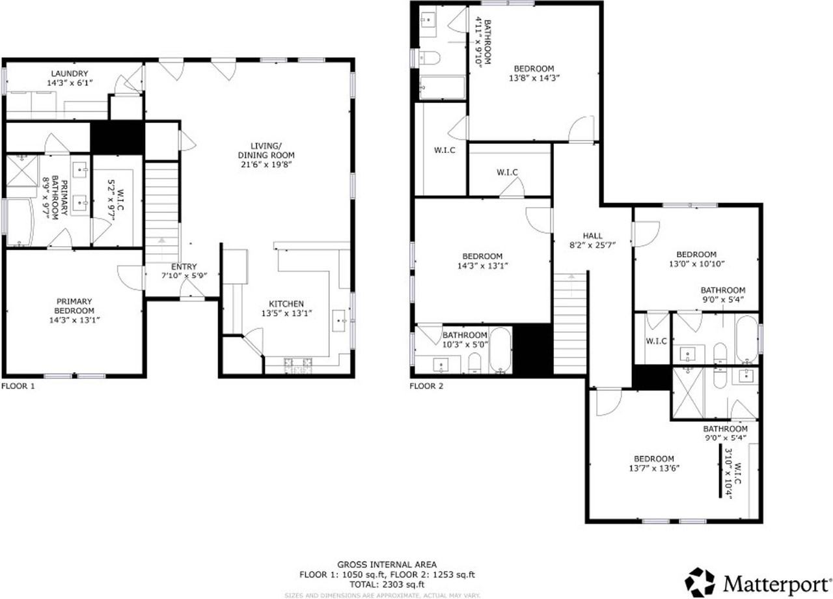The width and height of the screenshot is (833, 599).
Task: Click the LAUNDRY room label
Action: coord(70,74)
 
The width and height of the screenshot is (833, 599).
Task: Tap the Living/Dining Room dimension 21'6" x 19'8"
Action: coord(266,165)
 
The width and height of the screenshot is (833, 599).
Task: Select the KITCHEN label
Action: coord(286,303)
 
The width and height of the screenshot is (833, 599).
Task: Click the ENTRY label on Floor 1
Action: coord(184,267)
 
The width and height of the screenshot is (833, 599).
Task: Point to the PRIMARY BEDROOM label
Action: coord(74,306)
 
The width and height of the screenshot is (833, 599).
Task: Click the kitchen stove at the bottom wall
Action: coord(298,365)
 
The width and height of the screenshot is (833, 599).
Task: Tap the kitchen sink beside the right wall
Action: coord(339,320)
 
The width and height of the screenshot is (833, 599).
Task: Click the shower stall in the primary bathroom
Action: coord(22,171)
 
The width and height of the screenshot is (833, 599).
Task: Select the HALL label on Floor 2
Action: coord(592,236)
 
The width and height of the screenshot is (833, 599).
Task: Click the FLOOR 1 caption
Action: coord(18,386)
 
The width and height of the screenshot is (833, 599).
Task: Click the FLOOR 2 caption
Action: coord(426,386)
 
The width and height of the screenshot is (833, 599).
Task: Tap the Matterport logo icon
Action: coord(700,583)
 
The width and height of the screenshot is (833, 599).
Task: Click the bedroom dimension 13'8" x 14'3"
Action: coord(534,77)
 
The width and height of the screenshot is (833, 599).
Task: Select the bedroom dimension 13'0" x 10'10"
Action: coord(696,264)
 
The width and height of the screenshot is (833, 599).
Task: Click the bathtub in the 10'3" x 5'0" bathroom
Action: coord(500,350)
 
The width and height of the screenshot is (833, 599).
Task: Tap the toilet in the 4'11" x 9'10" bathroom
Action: coord(429,58)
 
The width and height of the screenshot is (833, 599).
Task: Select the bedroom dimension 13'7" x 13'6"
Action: coord(654,468)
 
